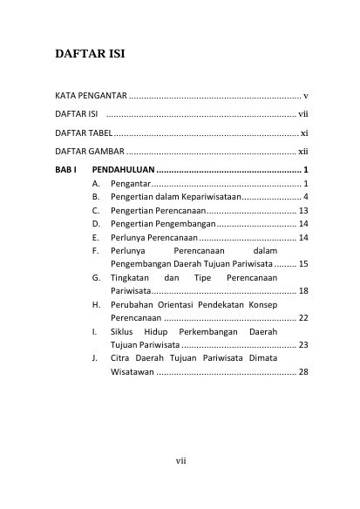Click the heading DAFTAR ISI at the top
click(x=90, y=54)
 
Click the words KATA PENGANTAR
click(x=91, y=94)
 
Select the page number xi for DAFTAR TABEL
click(x=303, y=133)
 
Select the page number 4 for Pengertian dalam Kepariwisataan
click(x=306, y=197)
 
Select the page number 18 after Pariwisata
click(x=303, y=291)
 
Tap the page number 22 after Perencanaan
click(x=303, y=319)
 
